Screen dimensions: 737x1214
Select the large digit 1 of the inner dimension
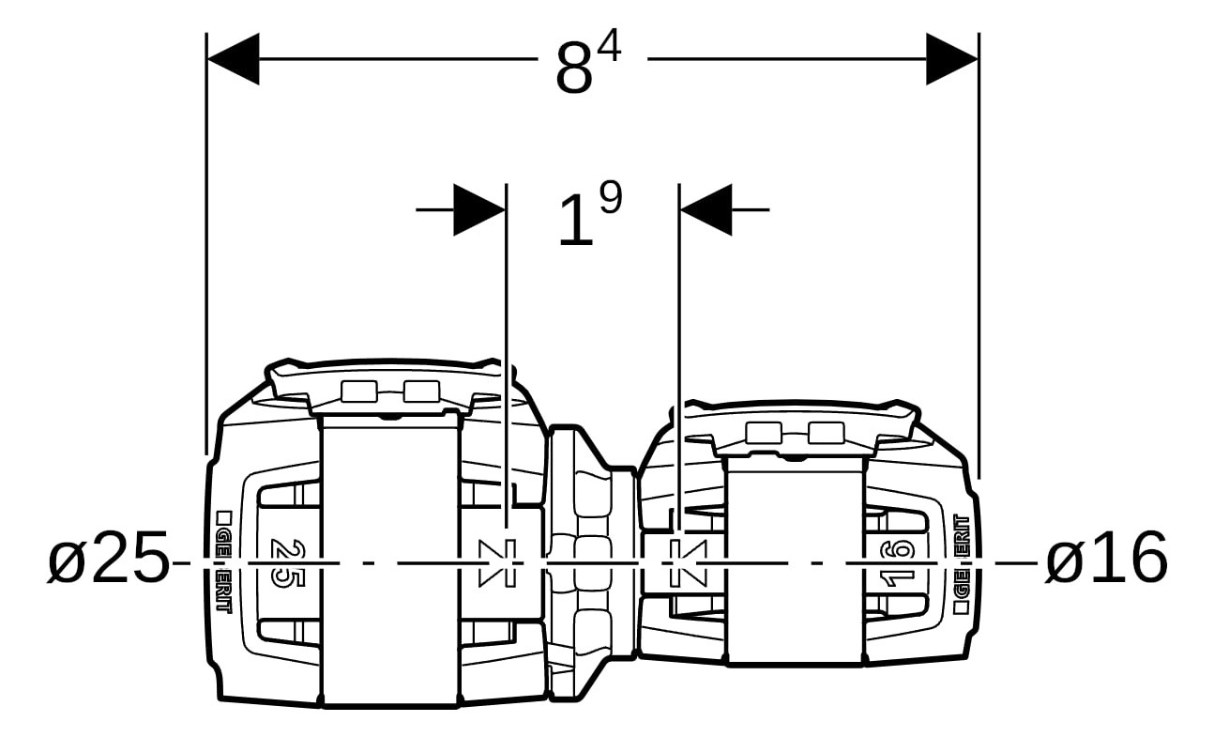click(575, 223)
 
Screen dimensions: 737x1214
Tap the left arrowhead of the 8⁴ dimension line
click(233, 59)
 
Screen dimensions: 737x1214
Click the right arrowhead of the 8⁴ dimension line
click(952, 59)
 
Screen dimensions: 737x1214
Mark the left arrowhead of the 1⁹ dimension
click(479, 209)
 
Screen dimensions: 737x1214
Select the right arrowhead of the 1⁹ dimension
click(706, 209)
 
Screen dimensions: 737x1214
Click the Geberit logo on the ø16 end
click(961, 563)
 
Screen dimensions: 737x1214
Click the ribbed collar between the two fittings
click(591, 563)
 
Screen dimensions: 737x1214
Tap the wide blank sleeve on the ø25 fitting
click(389, 563)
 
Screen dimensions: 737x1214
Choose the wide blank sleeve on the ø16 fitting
click(795, 563)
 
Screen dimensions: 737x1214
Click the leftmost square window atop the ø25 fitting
click(358, 392)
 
